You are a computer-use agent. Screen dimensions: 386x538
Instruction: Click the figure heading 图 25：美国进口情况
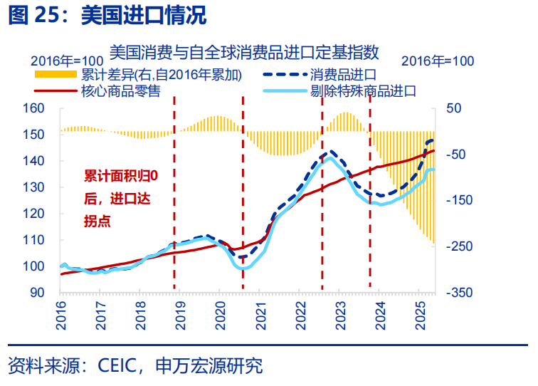pyautogui.click(x=107, y=15)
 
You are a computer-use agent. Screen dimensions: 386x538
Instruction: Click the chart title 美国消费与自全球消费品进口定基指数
pyautogui.click(x=245, y=51)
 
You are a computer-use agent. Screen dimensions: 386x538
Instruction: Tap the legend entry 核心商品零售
pyautogui.click(x=120, y=91)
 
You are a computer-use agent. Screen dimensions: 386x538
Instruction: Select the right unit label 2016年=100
pyautogui.click(x=438, y=61)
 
